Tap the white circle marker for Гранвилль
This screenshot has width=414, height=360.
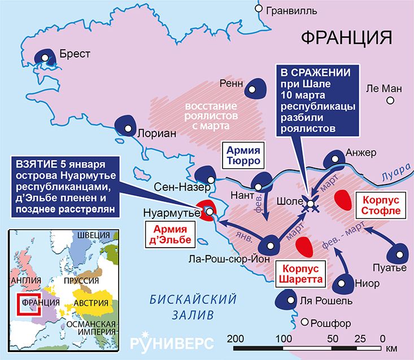(259, 8)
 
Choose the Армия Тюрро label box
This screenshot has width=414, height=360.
(243, 155)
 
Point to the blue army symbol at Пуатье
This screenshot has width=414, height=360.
(399, 252)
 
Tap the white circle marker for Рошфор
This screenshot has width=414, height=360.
(306, 323)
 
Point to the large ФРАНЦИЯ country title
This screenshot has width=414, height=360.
(346, 37)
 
